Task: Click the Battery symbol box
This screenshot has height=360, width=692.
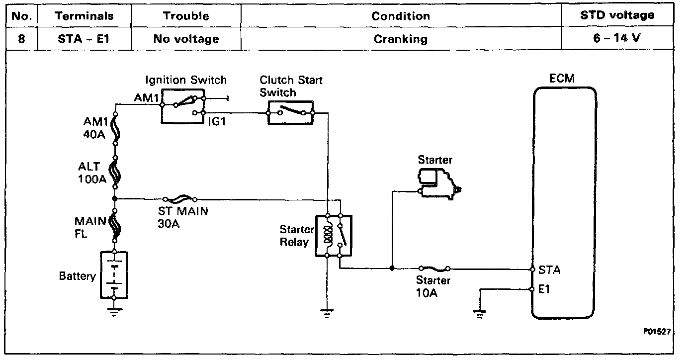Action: tap(114, 274)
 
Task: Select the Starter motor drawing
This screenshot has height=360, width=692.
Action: tap(439, 183)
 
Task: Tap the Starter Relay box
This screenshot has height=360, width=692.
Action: tap(333, 236)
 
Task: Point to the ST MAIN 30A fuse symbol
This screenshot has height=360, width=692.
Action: tap(181, 198)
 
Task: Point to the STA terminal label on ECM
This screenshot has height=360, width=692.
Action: tap(549, 270)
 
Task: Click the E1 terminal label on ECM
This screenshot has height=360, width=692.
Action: tap(544, 289)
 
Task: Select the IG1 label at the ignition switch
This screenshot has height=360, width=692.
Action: tap(217, 121)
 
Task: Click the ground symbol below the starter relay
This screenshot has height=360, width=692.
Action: tap(327, 313)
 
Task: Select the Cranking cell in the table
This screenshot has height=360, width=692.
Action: tap(400, 39)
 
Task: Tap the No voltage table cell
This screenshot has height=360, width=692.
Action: tap(186, 39)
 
